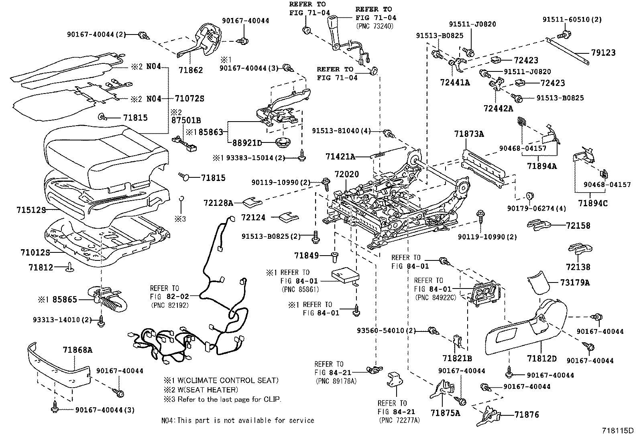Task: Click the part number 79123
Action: click(603, 53)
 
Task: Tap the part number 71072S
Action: click(189, 98)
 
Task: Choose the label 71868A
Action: click(77, 350)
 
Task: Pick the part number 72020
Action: click(346, 175)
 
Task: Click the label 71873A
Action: click(469, 134)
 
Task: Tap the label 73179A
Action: click(575, 282)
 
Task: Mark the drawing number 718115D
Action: click(617, 431)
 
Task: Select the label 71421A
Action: click(340, 156)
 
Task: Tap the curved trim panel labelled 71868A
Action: click(60, 365)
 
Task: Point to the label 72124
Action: click(253, 217)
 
